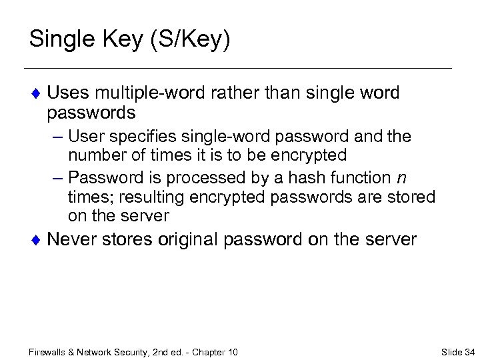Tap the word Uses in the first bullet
(69, 93)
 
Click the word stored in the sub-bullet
(413, 197)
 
